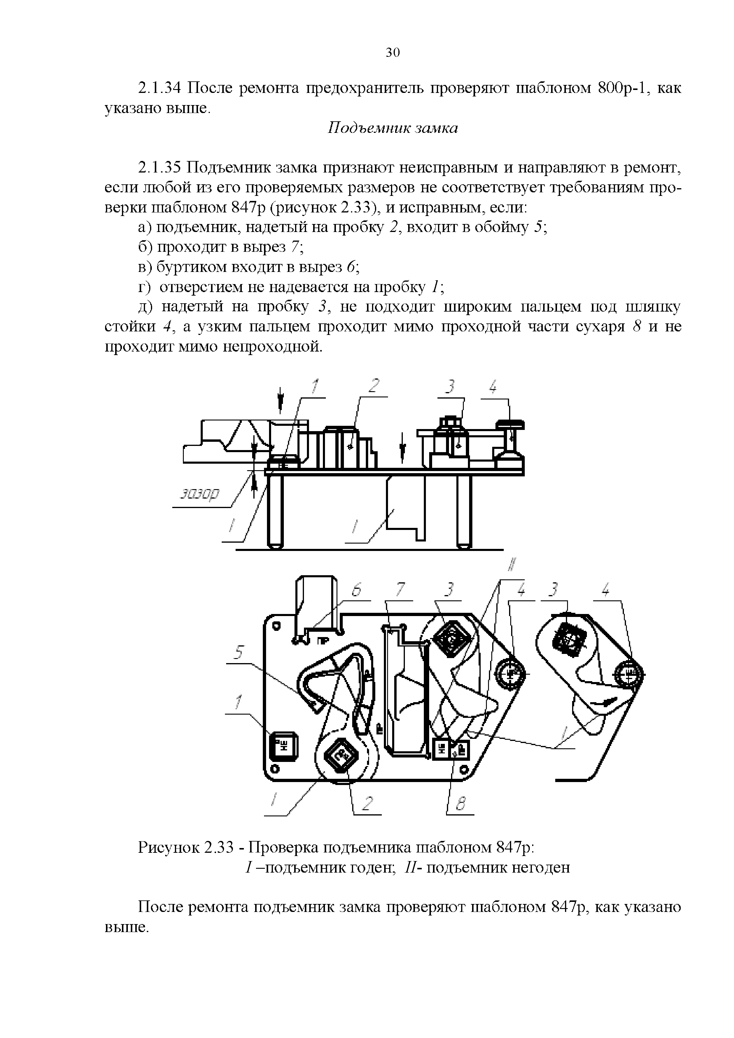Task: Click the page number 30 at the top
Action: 392,53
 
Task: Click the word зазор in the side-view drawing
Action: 199,494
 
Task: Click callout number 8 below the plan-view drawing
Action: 461,804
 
